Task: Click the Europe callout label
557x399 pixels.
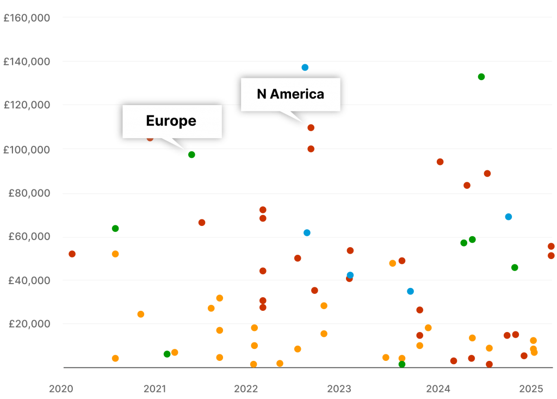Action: [171, 121]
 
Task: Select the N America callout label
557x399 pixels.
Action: [290, 94]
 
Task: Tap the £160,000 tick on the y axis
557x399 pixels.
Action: [27, 18]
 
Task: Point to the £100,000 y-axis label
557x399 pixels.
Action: [27, 149]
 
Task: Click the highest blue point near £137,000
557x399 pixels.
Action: [305, 67]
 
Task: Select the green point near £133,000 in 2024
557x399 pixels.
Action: [481, 77]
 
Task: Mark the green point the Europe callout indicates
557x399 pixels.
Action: [191, 155]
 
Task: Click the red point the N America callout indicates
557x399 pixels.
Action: [311, 128]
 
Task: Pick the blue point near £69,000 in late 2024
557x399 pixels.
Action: [509, 217]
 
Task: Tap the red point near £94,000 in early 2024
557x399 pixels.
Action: [440, 162]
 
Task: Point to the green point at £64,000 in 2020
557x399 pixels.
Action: [115, 229]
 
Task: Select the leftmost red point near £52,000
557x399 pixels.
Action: [72, 254]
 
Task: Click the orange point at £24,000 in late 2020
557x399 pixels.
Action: [141, 314]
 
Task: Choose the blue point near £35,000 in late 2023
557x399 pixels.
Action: [410, 291]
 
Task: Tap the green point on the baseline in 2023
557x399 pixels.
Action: [401, 364]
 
